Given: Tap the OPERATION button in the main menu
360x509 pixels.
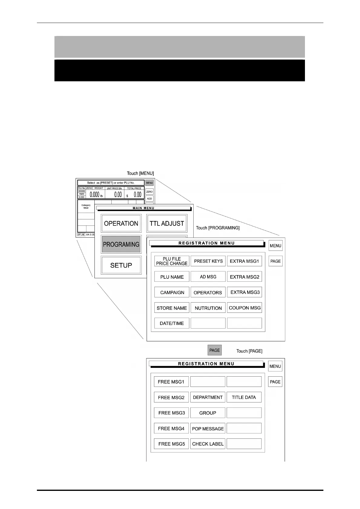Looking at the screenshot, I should [x=121, y=224].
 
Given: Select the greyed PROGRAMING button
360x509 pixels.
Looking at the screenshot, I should [x=121, y=244].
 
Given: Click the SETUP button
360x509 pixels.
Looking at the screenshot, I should [x=121, y=265].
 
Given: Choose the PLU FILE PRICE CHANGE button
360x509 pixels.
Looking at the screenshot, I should [x=172, y=261].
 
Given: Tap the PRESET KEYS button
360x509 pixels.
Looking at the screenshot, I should [x=208, y=261].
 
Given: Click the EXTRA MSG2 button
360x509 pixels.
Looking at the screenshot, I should [x=244, y=277].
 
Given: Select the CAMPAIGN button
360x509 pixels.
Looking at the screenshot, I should [x=172, y=293].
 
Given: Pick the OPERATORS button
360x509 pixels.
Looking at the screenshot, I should [x=208, y=293].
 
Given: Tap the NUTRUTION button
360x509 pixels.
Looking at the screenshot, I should [x=208, y=308].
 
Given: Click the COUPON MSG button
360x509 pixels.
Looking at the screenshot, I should [x=244, y=308].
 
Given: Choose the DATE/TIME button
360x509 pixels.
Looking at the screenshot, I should [x=172, y=323].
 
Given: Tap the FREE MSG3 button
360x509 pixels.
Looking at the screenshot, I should [x=172, y=413].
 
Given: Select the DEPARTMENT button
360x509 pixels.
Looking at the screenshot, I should [x=208, y=397].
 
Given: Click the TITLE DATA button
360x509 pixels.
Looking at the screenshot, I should [x=244, y=397].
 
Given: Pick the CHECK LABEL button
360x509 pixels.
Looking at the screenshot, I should [x=208, y=444].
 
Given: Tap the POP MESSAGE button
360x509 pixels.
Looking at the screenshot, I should [x=208, y=429].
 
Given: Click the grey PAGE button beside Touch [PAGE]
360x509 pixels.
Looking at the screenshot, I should [x=214, y=350].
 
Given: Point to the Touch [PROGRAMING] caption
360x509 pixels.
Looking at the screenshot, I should [x=218, y=228].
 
